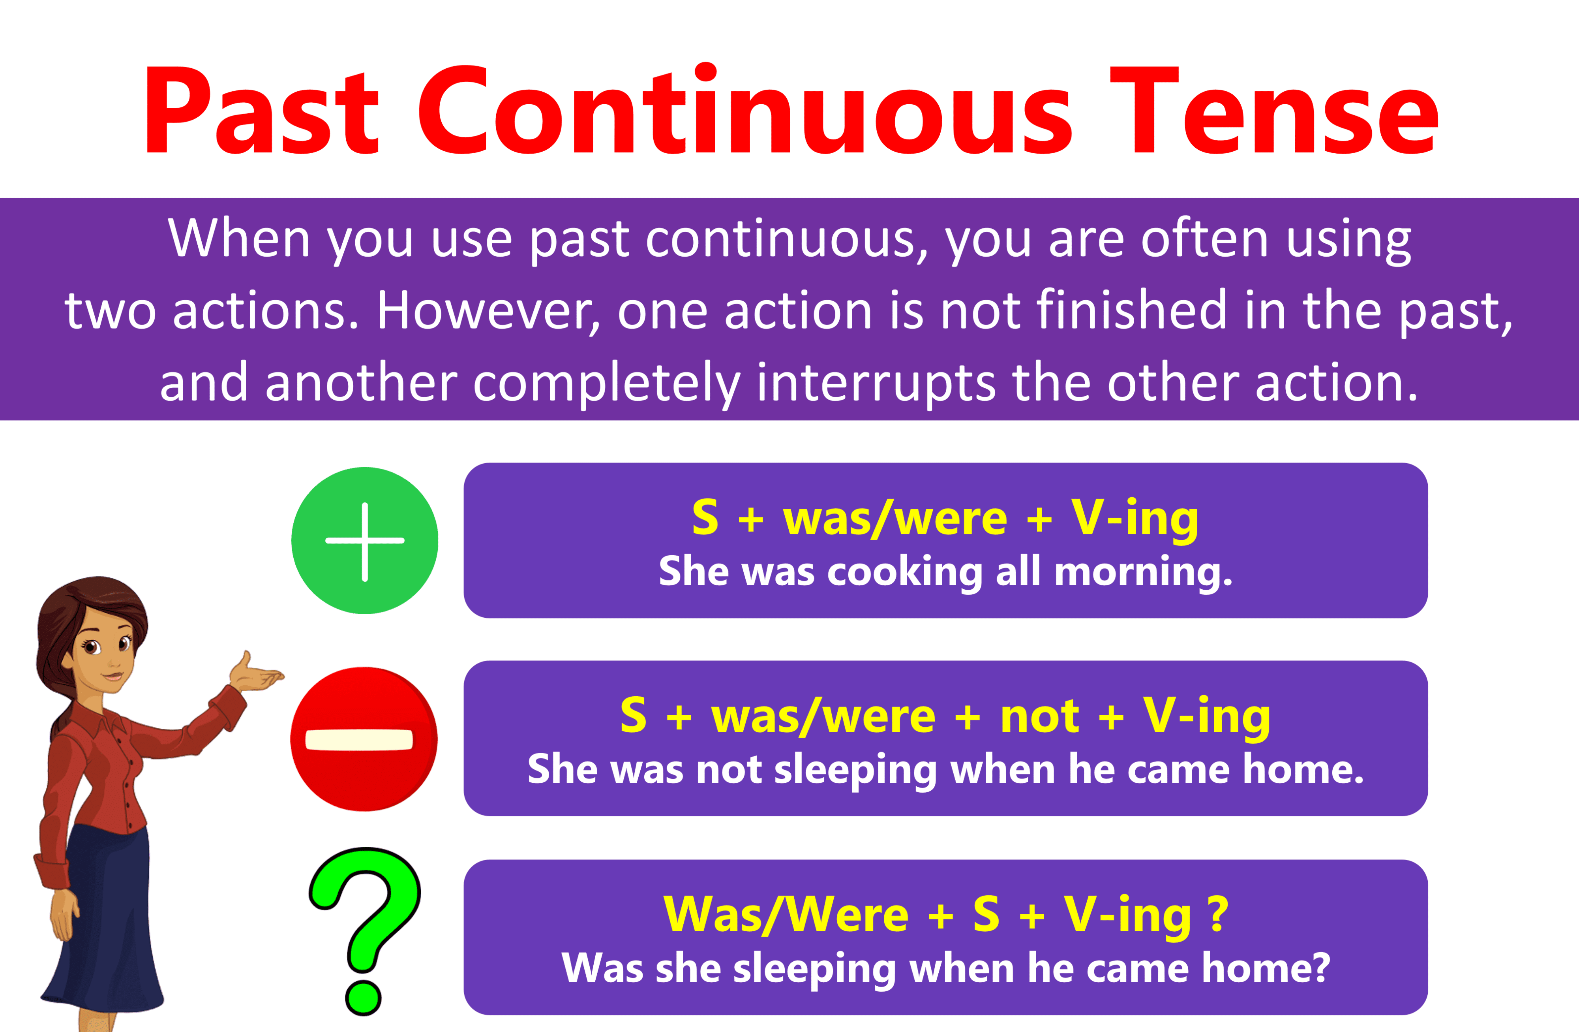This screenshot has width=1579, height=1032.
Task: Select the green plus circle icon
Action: click(x=364, y=541)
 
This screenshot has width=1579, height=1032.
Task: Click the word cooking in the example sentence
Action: click(x=904, y=572)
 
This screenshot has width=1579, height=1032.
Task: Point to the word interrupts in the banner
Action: click(x=876, y=383)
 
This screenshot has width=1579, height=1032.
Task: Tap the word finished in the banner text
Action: click(x=1131, y=310)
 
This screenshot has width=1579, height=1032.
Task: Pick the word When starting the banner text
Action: click(x=239, y=239)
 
